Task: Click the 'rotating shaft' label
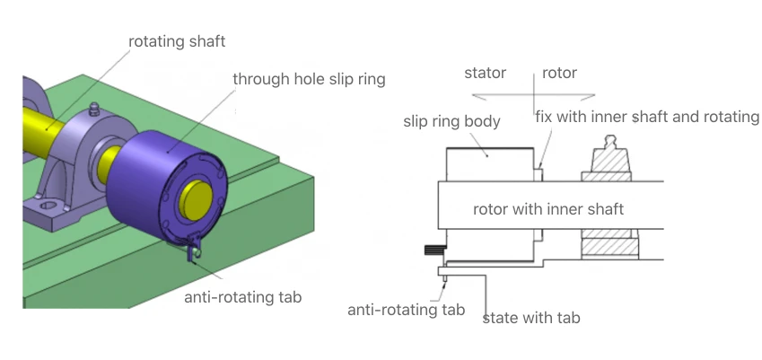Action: point(177,42)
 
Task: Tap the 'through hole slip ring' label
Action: point(309,79)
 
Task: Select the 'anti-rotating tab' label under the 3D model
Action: point(243,297)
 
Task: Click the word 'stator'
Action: point(485,73)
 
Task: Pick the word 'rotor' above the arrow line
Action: point(559,73)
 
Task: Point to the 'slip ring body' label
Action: point(452,121)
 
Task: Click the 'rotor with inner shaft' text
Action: point(548,209)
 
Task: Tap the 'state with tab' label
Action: point(531,318)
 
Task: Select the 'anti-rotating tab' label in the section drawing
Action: point(407,310)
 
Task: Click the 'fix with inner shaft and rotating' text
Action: point(647,117)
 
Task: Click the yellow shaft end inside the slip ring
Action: point(196,200)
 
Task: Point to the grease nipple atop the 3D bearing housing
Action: point(94,110)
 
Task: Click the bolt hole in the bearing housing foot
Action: point(48,206)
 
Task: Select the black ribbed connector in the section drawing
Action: point(435,250)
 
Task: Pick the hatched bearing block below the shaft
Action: point(610,244)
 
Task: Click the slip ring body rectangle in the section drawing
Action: point(490,164)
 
